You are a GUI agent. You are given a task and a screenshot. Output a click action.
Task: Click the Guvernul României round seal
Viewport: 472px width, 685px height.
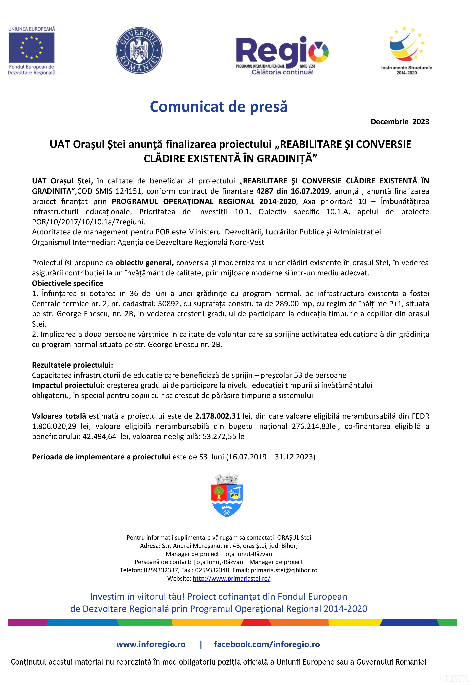(139, 50)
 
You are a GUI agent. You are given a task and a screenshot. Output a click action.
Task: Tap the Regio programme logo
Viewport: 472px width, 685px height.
(282, 55)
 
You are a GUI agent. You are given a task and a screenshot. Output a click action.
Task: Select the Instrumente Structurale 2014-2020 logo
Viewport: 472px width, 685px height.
(406, 50)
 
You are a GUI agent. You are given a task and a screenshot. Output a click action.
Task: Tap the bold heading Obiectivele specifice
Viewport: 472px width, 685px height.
(67, 283)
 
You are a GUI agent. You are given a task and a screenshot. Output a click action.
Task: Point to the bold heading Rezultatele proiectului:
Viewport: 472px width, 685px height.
(72, 365)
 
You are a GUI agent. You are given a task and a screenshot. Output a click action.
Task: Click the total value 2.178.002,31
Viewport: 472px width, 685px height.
(217, 416)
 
